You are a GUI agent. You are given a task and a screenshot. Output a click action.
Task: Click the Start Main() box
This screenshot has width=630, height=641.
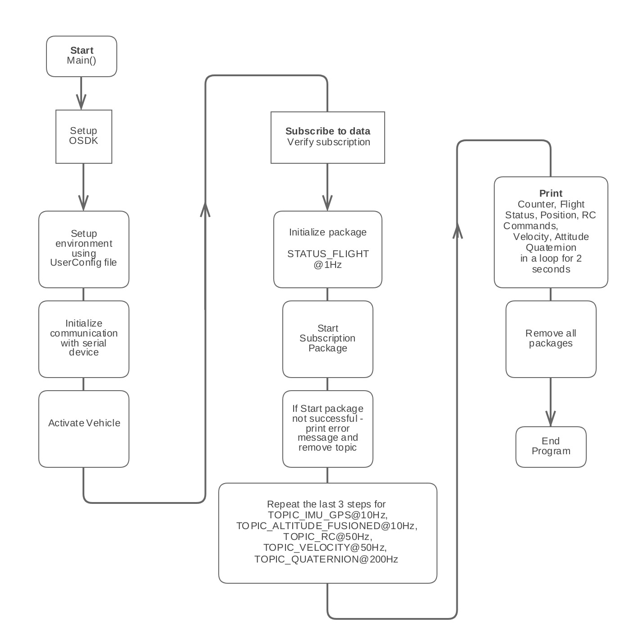click(x=82, y=56)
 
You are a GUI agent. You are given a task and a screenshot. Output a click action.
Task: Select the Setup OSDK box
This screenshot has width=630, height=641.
click(x=83, y=136)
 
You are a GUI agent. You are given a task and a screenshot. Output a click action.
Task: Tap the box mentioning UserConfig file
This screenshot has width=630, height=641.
click(x=83, y=249)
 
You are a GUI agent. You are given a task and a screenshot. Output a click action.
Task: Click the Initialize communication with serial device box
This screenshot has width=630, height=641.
click(x=83, y=338)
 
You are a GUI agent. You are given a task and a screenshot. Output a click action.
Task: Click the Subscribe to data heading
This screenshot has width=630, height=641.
click(x=327, y=131)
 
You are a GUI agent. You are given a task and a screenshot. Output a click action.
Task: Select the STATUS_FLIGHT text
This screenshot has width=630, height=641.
click(x=328, y=254)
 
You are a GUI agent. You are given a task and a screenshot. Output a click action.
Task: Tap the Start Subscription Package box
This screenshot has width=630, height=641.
click(x=327, y=338)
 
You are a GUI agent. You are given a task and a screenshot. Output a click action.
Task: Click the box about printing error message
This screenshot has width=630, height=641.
click(x=327, y=428)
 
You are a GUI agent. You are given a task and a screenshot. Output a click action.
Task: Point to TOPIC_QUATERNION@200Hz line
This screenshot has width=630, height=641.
click(x=326, y=559)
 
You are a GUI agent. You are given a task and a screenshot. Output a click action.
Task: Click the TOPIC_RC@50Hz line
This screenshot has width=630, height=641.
click(x=327, y=537)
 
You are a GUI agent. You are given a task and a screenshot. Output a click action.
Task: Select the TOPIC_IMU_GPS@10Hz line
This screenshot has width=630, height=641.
click(x=327, y=515)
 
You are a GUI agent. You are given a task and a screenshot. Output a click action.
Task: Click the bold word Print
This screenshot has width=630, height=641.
click(x=551, y=194)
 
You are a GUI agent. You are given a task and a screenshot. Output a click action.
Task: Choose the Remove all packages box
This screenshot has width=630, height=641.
click(x=551, y=338)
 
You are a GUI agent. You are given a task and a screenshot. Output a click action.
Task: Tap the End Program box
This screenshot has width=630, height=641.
click(x=551, y=446)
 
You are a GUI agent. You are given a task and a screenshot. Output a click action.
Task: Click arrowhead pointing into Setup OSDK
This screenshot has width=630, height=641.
click(x=81, y=103)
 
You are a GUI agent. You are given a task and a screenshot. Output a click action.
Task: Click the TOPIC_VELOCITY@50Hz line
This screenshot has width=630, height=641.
click(x=325, y=548)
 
